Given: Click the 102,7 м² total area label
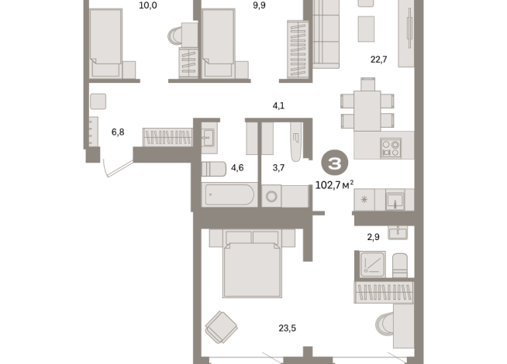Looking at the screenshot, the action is coord(334,185).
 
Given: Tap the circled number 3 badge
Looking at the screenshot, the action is coord(335,163).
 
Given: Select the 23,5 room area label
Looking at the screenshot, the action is coord(287,328).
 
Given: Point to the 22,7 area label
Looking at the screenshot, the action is coord(378,60).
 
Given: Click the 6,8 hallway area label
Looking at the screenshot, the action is coord(118,132).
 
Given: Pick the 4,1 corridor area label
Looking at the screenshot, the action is coord(278,105).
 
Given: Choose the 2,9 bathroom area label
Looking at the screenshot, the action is coord(373,237).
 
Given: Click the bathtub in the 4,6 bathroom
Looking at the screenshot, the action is coord(229,194).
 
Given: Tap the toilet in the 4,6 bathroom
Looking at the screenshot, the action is coord(214,169).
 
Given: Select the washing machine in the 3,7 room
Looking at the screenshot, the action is coord(271,196).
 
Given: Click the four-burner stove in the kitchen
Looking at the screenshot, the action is coord(391,148).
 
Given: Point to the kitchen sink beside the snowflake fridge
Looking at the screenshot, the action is coord(395,201).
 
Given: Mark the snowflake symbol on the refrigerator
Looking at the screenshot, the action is coord(364,199).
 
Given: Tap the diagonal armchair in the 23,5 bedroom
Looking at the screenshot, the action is coord(222,327).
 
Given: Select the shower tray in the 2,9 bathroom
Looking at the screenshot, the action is coord(373,264).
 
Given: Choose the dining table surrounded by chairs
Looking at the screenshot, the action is coord(367,111).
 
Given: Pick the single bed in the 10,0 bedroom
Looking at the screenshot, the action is coord(106,43).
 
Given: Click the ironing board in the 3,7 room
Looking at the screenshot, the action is coord(296,142).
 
